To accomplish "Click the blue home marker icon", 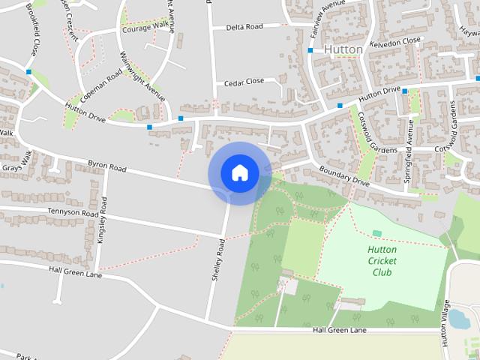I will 239,173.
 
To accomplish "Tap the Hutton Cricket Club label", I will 382,261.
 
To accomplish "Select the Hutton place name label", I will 343,49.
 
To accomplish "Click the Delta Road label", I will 245,27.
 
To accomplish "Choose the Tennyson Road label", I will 74,213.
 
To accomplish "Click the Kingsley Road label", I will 103,220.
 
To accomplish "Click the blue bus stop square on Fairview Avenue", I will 310,50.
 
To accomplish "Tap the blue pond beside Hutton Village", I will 458,319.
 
